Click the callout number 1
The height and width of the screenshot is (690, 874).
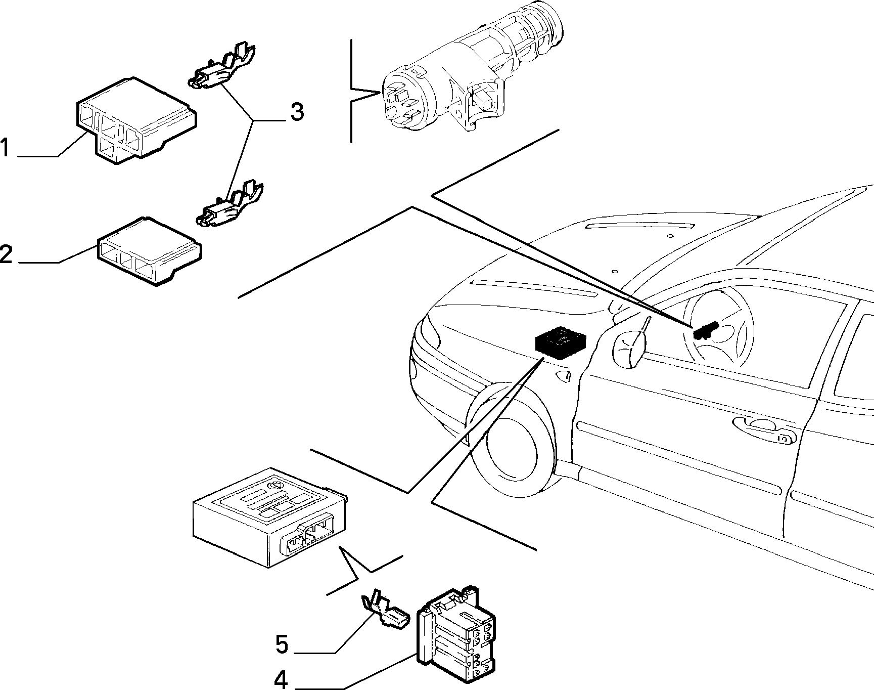pos(5,148)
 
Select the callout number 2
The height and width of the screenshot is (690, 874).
pos(6,254)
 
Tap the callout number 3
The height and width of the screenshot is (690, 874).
pos(297,112)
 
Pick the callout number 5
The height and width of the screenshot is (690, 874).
pos(282,645)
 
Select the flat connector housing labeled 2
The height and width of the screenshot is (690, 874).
pos(150,251)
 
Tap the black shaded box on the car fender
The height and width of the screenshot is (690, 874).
pos(560,342)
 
